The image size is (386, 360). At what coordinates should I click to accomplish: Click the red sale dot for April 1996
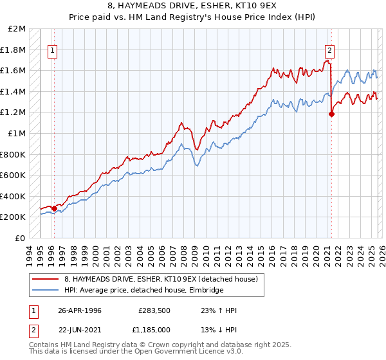click(x=54, y=208)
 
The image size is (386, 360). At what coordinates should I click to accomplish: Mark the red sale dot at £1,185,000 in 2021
click(x=332, y=114)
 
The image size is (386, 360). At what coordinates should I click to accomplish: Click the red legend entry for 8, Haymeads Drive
click(x=160, y=279)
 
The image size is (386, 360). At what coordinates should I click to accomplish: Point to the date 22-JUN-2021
click(x=80, y=330)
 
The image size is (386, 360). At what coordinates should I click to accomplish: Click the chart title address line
click(x=192, y=7)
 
